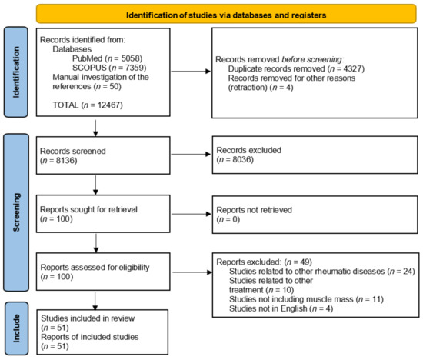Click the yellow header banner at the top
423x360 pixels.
(226, 14)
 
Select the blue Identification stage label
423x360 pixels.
(16, 72)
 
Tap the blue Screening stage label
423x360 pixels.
(16, 212)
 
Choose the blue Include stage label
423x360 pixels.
(16, 328)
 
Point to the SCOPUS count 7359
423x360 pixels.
(135, 68)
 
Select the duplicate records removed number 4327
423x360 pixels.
(352, 68)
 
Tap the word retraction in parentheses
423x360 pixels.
(248, 88)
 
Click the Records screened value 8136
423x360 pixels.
(65, 161)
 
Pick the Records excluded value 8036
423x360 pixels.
(241, 159)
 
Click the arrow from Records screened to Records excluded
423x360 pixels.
(191, 154)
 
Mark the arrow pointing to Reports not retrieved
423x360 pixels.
(191, 214)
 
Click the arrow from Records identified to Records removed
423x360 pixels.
(191, 72)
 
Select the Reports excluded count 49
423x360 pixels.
(305, 262)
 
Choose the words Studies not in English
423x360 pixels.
(268, 308)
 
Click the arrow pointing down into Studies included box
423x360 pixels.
(95, 301)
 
